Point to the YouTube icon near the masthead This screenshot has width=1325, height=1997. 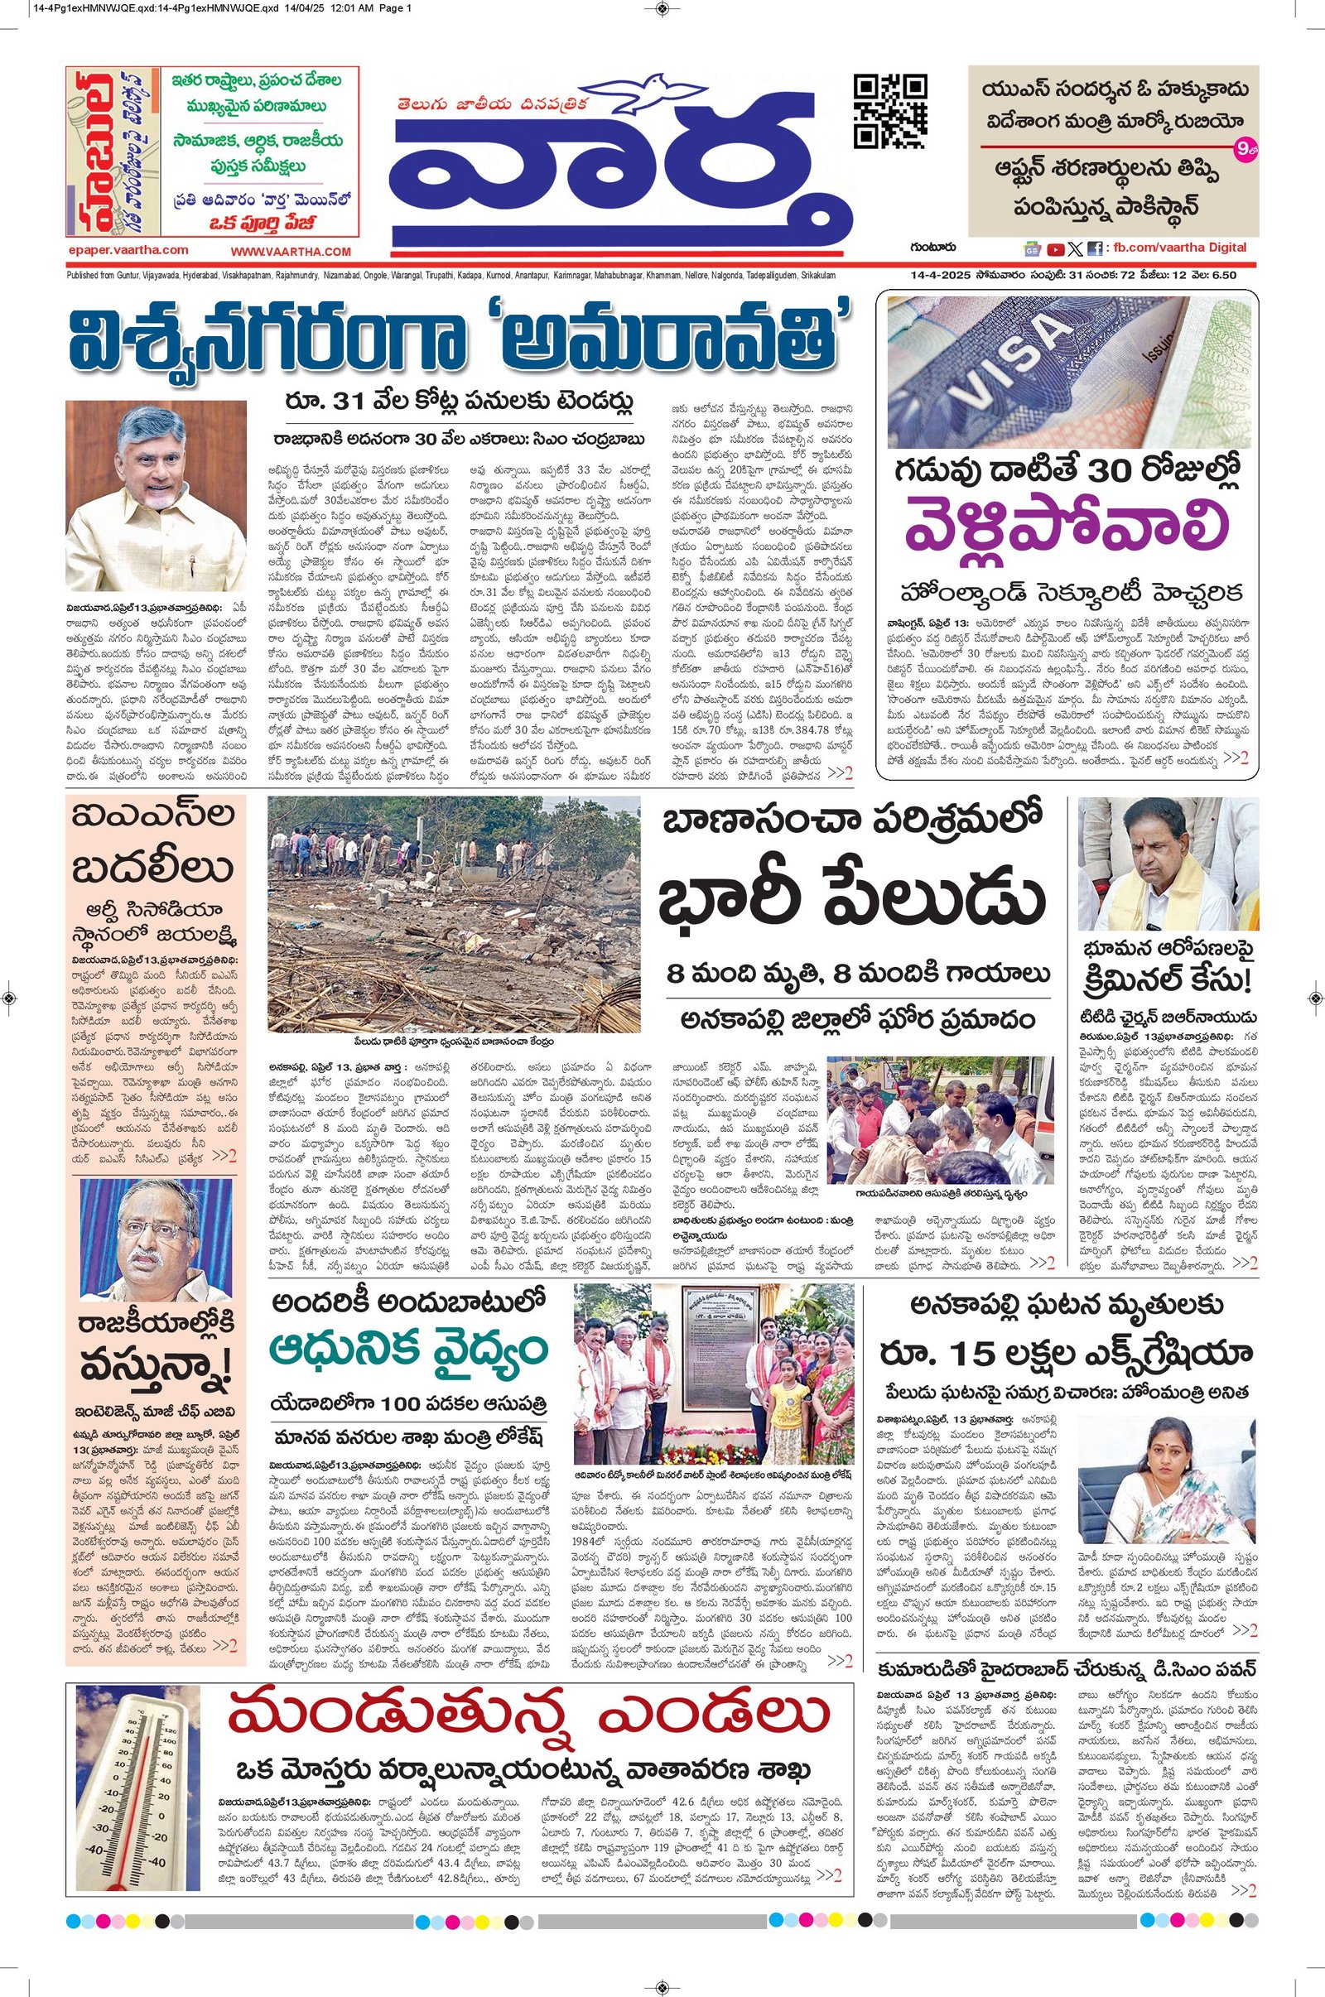tap(1055, 249)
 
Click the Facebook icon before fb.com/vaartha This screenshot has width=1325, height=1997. tap(1094, 249)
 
